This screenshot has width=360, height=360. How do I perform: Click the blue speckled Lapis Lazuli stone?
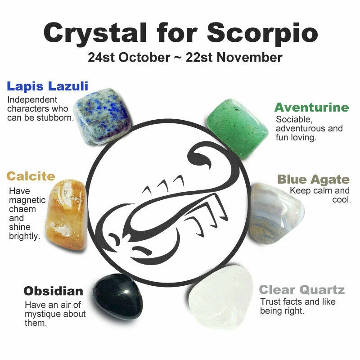pos(103,117)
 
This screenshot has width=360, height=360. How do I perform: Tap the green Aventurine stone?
pos(237,129)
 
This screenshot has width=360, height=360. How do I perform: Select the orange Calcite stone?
pos(66,215)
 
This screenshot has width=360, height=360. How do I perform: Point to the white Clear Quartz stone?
pos(220,297)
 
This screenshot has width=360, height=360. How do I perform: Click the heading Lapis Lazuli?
pos(48,86)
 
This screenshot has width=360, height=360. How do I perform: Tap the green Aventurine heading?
pos(312,108)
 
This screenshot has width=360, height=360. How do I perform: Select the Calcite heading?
pos(31,176)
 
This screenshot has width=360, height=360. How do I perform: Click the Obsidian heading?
pos(53,291)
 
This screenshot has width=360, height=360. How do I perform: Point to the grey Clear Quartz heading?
pos(301,290)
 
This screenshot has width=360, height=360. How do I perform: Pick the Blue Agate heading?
pos(313,180)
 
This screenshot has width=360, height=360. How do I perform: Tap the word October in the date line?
pos(144,58)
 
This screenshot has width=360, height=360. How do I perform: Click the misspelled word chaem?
pos(22,209)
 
